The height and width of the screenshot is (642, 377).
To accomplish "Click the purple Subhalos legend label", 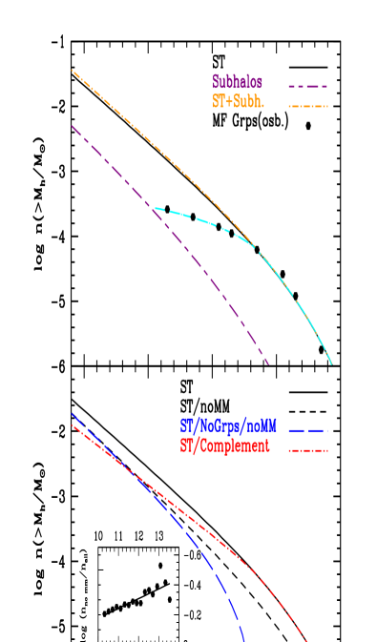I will tap(238, 83).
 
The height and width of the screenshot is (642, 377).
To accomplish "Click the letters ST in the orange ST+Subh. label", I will tap(220, 101).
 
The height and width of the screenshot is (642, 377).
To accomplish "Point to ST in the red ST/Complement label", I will tap(187, 445).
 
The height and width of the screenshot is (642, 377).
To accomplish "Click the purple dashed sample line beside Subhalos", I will tap(308, 86).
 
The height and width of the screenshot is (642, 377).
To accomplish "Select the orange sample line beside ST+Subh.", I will tap(308, 105).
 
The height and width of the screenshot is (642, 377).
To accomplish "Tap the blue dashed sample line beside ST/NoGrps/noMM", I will tap(308, 430).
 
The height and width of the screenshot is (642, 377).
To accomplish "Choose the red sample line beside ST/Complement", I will tap(308, 449).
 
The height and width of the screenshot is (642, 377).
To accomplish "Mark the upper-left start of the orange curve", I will tap(73, 71).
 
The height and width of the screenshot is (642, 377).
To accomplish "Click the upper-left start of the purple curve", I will tap(73, 127).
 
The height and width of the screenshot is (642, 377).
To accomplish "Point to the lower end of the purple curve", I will tap(268, 363).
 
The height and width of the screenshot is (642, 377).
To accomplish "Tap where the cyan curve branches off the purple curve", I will tap(155, 207).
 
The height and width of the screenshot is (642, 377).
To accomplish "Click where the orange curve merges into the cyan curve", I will tap(256, 248).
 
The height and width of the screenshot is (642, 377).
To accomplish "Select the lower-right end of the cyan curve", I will tap(331, 363).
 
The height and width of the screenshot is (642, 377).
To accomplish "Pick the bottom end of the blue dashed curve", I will tap(245, 640).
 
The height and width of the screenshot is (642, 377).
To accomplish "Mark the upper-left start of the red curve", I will tap(73, 425).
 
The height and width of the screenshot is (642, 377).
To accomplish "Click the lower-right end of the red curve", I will tap(307, 640).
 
